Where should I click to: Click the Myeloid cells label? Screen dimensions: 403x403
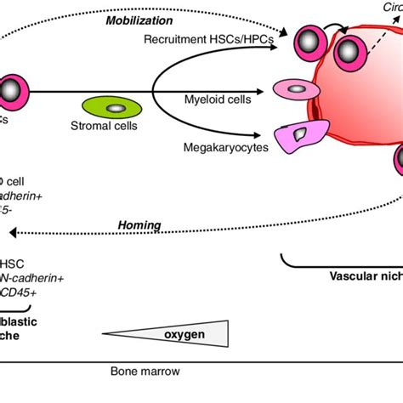tap(218, 99)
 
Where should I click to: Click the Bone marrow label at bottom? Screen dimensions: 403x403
tap(145, 372)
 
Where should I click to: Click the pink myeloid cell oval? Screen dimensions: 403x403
tap(292, 88)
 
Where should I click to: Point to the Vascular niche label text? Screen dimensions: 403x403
tap(365, 275)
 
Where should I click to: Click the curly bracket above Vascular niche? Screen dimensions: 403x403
tap(340, 259)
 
